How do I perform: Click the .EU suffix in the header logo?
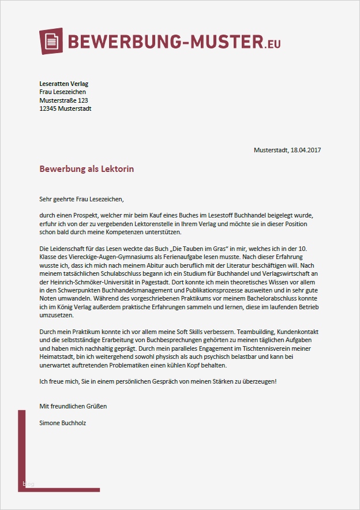pyautogui.click(x=273, y=43)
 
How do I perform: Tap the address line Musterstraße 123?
pyautogui.click(x=63, y=100)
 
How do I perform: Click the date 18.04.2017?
pyautogui.click(x=306, y=150)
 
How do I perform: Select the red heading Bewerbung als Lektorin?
pyautogui.click(x=87, y=169)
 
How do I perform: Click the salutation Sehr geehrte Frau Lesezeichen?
pyautogui.click(x=81, y=199)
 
